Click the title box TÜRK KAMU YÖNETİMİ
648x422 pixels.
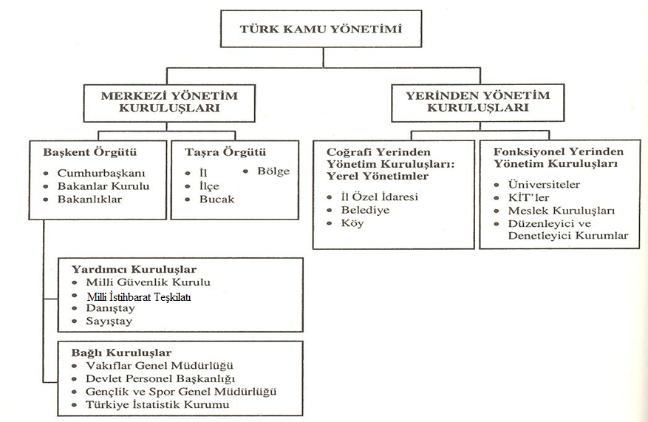click(321, 29)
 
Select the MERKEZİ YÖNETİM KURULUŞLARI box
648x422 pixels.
click(169, 103)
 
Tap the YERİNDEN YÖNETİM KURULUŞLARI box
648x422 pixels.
click(478, 103)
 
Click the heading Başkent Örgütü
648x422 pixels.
click(89, 152)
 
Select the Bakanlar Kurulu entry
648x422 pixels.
click(103, 186)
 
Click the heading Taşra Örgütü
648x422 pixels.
click(225, 152)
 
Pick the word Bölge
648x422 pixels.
click(273, 171)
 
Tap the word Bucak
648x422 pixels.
click(217, 200)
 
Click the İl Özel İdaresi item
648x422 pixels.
click(379, 197)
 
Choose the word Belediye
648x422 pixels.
click(365, 210)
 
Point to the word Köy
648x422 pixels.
click(352, 223)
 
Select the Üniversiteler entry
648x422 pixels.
click(544, 184)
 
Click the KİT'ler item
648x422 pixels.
click(528, 197)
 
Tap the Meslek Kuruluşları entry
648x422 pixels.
click(562, 211)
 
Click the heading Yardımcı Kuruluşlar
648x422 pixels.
click(134, 270)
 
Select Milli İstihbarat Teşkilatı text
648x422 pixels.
click(139, 297)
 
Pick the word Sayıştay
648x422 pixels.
click(109, 321)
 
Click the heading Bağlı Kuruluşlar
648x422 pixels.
click(121, 353)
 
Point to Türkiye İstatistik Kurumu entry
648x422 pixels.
click(157, 405)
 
